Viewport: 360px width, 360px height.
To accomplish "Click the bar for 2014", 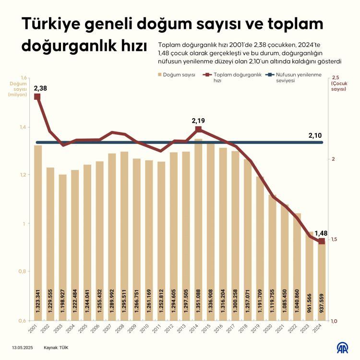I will click(x=198, y=230).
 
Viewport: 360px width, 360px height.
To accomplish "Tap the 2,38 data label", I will click(x=40, y=88).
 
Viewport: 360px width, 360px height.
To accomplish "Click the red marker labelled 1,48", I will click(x=322, y=241).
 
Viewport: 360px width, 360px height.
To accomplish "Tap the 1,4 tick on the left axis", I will click(x=23, y=127).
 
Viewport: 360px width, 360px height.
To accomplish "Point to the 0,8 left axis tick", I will click(x=23, y=272).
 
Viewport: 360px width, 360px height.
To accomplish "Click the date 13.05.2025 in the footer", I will click(x=23, y=347).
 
